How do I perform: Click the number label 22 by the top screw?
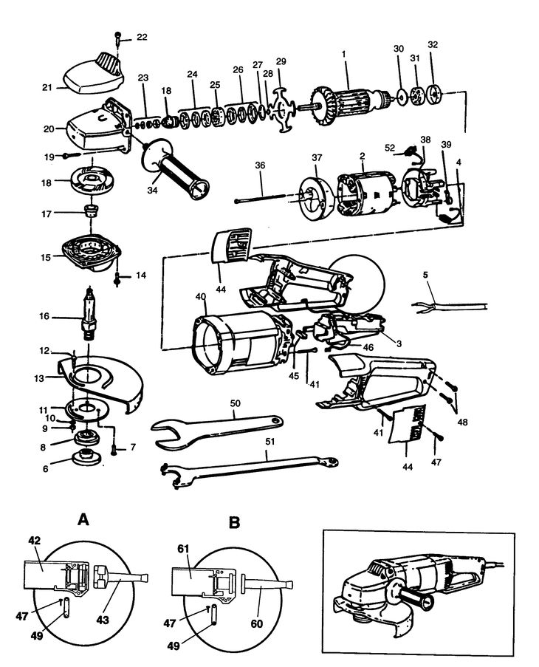pyautogui.click(x=142, y=37)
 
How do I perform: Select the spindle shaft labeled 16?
pyautogui.click(x=91, y=315)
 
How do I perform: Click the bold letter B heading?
pyautogui.click(x=235, y=522)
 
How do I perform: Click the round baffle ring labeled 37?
pyautogui.click(x=315, y=197)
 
